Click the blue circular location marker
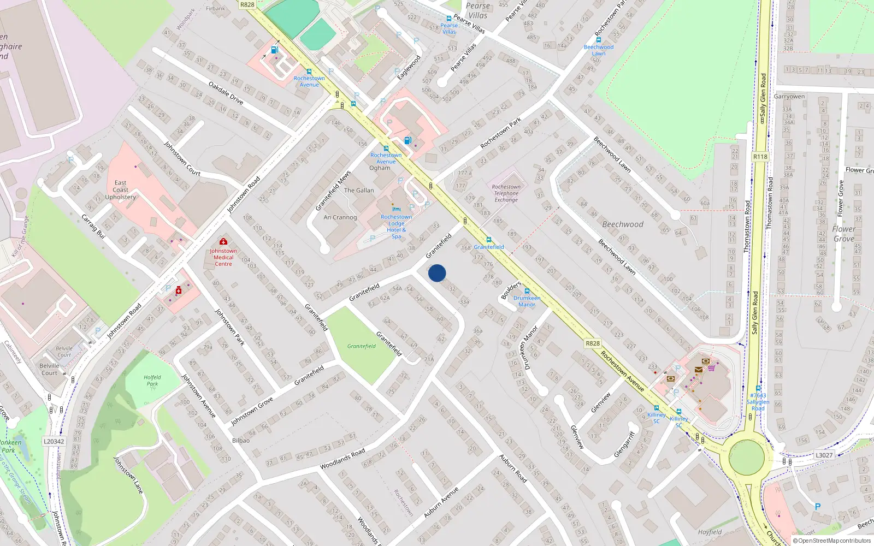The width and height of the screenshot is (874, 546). (x=437, y=273)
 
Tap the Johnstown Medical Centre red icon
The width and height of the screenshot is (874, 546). (x=223, y=241)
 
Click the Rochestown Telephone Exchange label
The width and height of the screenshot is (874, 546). (x=506, y=193)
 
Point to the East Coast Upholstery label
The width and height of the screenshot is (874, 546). (x=120, y=190)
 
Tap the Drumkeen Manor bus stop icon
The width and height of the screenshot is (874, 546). (x=527, y=291)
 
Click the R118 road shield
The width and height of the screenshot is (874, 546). (x=760, y=157)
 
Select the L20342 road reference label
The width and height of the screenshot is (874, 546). (x=54, y=441)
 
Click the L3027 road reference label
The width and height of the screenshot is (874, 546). (x=824, y=455)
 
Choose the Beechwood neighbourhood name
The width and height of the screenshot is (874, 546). (x=623, y=224)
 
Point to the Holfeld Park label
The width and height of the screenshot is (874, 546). (x=152, y=381)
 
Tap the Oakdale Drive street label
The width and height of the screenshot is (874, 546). (x=226, y=93)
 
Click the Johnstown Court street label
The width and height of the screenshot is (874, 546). (x=182, y=158)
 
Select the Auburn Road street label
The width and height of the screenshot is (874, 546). (x=513, y=468)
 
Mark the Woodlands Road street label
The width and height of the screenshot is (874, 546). (x=342, y=459)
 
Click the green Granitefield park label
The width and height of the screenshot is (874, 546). (x=362, y=346)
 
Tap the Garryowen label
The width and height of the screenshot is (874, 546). (x=789, y=97)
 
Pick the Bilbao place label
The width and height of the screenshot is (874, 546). (x=241, y=441)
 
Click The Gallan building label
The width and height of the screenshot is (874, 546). (x=359, y=191)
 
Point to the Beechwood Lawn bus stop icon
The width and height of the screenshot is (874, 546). (x=599, y=40)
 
